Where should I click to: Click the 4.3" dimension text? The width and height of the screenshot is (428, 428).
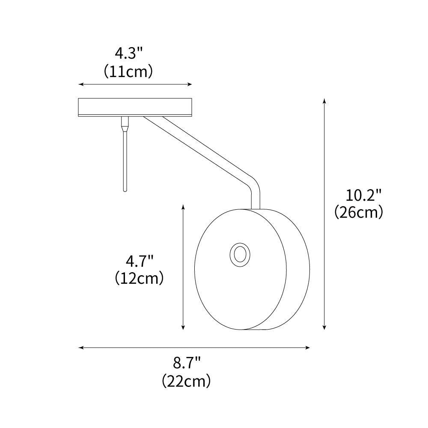(128, 54)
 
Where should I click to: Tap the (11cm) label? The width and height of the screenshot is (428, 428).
(128, 71)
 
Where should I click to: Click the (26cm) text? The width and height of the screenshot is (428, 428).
(359, 212)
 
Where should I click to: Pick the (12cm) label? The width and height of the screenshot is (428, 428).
(139, 279)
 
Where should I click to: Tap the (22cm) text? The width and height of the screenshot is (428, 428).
(187, 380)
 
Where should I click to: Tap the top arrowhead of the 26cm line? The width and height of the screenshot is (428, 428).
(324, 101)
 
